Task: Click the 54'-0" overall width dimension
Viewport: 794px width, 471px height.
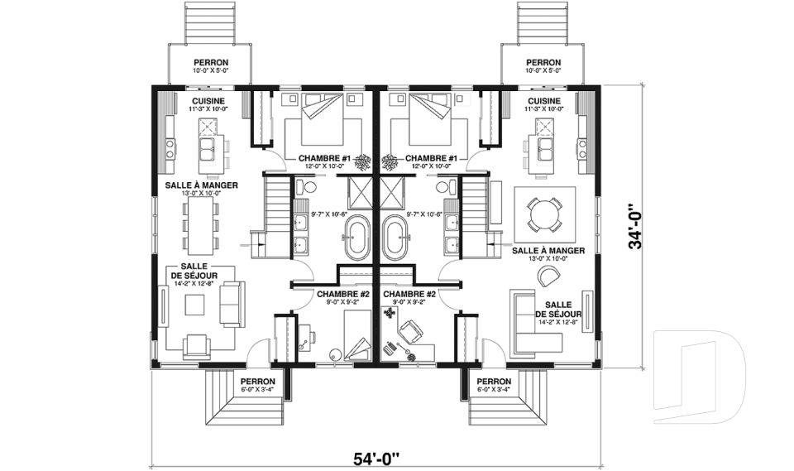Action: (x=376, y=459)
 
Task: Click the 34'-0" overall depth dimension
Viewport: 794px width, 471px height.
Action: (x=635, y=227)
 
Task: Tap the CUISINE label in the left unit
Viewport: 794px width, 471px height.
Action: (x=208, y=101)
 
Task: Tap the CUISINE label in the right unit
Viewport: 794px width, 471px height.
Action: (x=544, y=101)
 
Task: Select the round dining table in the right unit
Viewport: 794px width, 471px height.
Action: (x=544, y=214)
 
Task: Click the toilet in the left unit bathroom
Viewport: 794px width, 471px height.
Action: (x=304, y=186)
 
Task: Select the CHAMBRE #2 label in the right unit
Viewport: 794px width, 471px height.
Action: (x=409, y=294)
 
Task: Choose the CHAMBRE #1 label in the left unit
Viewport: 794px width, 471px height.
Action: (x=324, y=159)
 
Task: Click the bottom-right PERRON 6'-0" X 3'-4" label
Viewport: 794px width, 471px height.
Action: (x=494, y=385)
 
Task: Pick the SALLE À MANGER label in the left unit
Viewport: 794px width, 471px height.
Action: (x=202, y=185)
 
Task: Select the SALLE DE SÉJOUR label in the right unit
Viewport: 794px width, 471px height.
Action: (x=558, y=310)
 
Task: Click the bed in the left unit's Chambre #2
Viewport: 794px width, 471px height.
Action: (x=357, y=335)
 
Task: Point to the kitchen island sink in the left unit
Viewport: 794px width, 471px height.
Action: (x=206, y=148)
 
